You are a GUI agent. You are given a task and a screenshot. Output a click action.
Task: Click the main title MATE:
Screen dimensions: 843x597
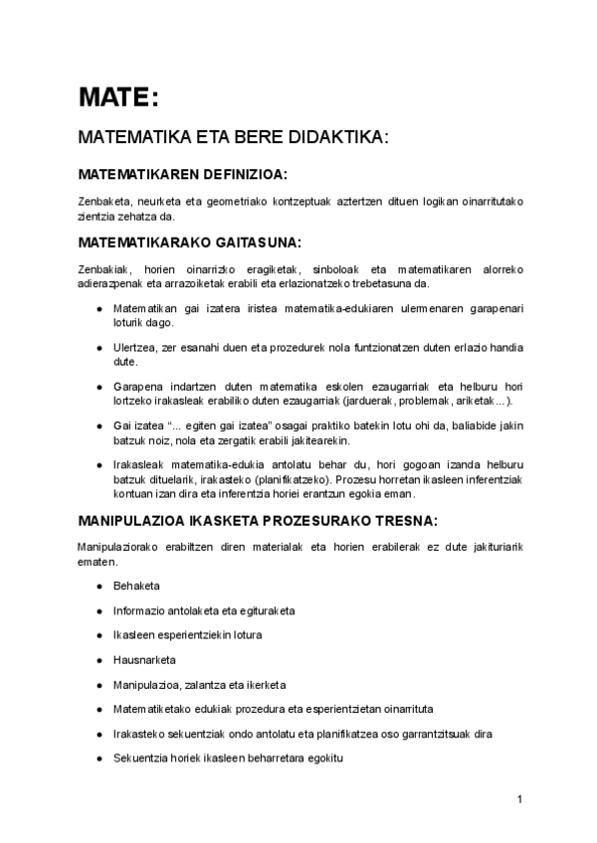[x=117, y=97]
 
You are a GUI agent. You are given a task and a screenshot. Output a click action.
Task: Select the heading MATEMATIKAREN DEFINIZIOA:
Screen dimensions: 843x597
[x=182, y=175]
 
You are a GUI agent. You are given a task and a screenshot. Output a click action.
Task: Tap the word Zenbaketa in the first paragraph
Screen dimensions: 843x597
[x=103, y=201]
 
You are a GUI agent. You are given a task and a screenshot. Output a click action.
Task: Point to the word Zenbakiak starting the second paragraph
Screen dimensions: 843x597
[x=102, y=268]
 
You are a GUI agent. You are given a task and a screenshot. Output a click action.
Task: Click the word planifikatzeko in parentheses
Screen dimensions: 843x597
[x=293, y=478]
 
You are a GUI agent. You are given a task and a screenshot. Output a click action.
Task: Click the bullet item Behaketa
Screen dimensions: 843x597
[x=137, y=586]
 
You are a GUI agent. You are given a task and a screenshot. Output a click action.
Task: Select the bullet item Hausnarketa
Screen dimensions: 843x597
[x=144, y=659]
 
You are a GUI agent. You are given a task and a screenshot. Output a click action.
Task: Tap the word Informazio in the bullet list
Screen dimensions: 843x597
[x=143, y=610]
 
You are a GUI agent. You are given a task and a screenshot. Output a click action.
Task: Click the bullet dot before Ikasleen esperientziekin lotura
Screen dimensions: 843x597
[x=99, y=635]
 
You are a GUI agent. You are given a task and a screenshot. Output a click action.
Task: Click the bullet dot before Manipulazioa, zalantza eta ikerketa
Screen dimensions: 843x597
[x=99, y=685]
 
